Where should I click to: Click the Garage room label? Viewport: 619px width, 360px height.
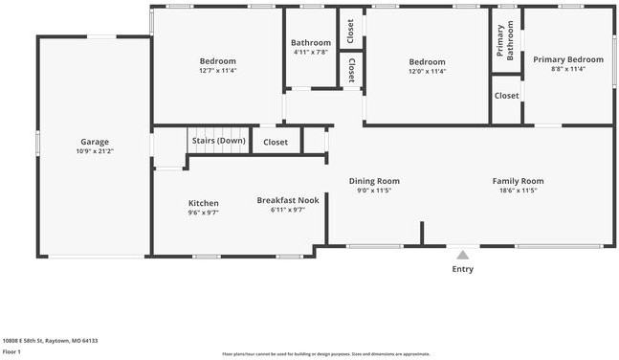(x=94, y=142)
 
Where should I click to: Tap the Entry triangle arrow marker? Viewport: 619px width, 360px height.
(x=462, y=255)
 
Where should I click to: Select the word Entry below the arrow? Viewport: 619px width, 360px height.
(x=462, y=269)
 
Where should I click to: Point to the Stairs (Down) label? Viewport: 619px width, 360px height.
(x=218, y=141)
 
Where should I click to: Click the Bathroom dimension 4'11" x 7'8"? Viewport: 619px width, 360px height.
(x=311, y=53)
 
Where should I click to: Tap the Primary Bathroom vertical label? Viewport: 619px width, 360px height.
(x=506, y=42)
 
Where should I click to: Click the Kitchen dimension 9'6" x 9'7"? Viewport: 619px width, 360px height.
(x=203, y=213)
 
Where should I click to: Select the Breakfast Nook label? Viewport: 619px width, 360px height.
(x=288, y=200)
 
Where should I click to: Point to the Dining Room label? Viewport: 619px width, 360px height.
(x=374, y=181)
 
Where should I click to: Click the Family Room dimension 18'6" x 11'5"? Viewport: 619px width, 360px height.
(x=518, y=191)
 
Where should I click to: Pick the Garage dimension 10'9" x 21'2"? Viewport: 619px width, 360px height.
(x=94, y=151)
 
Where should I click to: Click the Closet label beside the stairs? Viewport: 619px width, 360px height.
(x=276, y=142)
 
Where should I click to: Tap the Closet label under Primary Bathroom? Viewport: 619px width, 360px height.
(x=506, y=96)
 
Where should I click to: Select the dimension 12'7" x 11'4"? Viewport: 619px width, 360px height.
(x=217, y=70)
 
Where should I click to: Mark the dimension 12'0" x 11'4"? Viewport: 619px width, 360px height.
(x=427, y=70)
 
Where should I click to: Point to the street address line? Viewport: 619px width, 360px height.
(x=50, y=340)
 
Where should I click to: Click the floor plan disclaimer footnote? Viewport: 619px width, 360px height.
(x=326, y=353)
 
